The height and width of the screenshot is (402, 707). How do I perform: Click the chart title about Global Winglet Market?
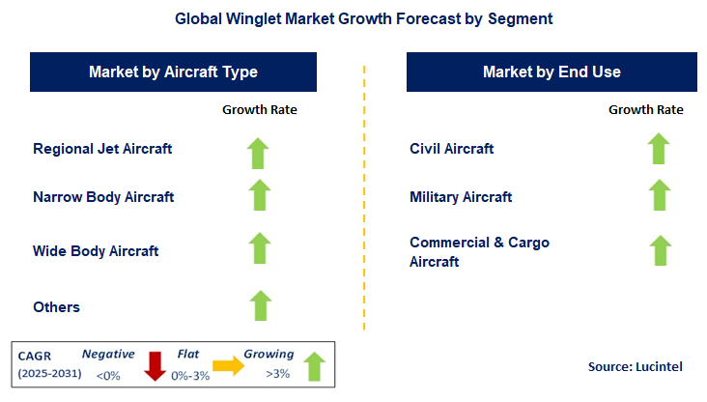[353, 18]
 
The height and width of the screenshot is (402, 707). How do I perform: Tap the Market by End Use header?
[551, 72]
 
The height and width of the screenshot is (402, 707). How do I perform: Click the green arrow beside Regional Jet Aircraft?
[260, 153]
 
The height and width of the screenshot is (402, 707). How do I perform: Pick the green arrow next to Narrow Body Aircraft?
[260, 195]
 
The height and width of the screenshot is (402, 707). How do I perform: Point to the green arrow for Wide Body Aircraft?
[260, 248]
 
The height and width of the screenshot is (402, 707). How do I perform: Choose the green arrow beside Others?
[260, 305]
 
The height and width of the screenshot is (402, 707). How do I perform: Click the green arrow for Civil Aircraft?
[659, 149]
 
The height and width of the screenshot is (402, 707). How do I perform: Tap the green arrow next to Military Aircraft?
[659, 195]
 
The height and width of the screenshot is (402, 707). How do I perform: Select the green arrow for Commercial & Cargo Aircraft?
[660, 250]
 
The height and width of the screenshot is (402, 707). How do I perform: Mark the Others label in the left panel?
[56, 307]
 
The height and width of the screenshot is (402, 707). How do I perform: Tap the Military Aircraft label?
[461, 197]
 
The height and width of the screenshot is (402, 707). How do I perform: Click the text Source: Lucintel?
[636, 367]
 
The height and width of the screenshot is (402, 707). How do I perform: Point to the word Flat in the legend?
[188, 355]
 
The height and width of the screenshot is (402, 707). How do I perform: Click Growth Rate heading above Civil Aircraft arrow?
[645, 110]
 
